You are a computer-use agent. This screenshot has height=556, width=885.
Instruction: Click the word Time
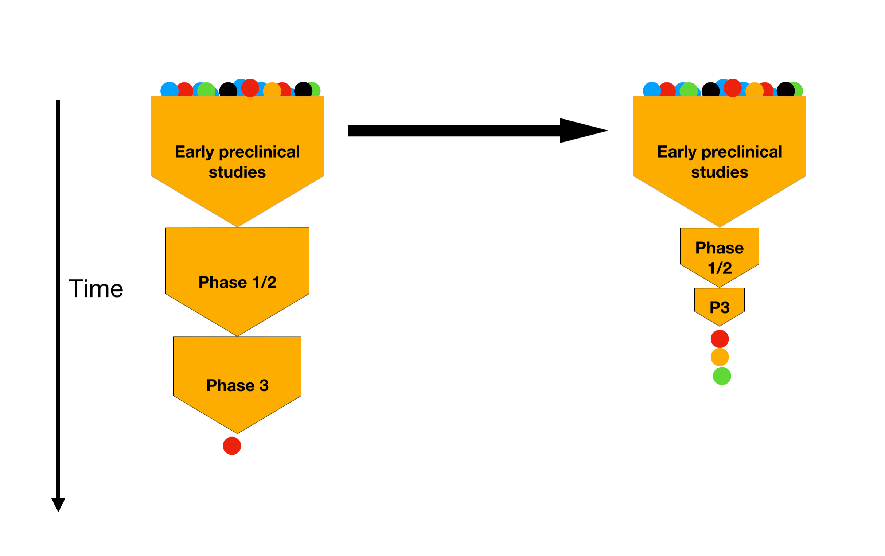[x=96, y=289]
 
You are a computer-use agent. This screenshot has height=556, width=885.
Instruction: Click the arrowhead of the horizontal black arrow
[x=581, y=131]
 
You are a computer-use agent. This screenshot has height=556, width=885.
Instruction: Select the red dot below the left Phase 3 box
[x=232, y=446]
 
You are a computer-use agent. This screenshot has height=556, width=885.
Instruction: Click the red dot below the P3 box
[x=720, y=339]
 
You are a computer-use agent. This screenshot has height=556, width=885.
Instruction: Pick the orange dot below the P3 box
[x=720, y=357]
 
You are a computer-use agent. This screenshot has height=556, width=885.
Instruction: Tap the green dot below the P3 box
[x=722, y=376]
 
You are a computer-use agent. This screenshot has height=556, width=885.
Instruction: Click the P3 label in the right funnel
[x=719, y=307]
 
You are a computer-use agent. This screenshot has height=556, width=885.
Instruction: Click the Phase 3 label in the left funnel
[x=237, y=385]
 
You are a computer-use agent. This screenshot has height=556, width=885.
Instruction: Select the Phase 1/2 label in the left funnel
[x=237, y=283]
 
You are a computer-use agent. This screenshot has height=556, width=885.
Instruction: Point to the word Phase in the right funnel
[x=719, y=248]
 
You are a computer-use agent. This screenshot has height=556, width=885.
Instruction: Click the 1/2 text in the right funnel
[x=720, y=268]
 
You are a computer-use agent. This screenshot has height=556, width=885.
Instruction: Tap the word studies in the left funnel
[x=237, y=172]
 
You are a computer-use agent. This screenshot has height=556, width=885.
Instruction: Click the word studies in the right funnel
[x=719, y=172]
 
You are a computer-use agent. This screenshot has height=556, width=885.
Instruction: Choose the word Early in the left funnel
[x=194, y=152]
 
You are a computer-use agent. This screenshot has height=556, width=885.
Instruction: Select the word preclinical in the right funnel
[x=742, y=152]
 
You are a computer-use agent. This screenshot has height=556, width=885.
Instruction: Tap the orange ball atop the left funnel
[x=272, y=90]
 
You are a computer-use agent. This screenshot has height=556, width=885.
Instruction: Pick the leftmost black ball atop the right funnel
[x=710, y=90]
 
